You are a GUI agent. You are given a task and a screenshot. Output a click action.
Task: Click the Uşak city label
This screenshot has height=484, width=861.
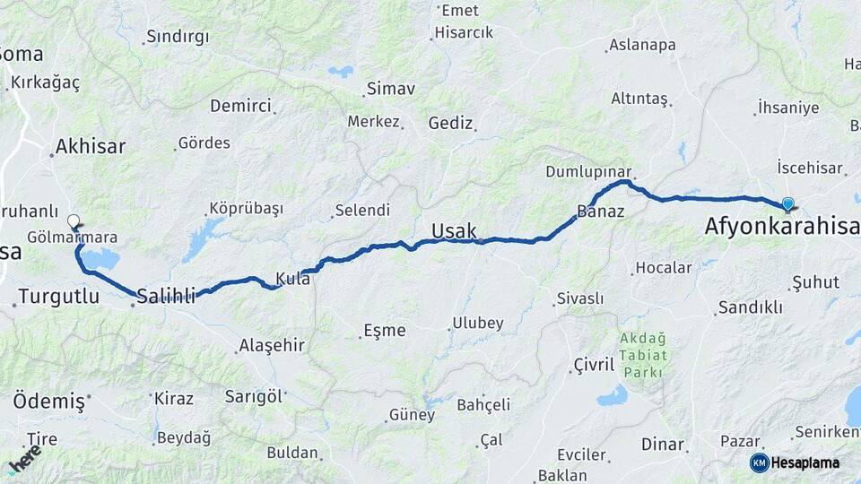click(454, 231)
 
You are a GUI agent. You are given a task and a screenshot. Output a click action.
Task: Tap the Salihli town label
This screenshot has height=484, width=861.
click(166, 296)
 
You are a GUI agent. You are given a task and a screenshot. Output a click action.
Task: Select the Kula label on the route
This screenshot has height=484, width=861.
click(293, 279)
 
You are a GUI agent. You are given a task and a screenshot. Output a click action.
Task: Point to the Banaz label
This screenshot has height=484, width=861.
click(600, 212)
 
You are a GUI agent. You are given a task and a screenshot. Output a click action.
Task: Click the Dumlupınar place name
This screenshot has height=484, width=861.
click(589, 171)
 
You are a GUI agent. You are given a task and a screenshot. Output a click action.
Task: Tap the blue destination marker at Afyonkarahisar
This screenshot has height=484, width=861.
click(787, 204)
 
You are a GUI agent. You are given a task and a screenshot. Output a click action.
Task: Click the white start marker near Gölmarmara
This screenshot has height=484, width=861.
click(74, 220)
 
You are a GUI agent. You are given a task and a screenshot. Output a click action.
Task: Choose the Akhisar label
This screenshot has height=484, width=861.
click(90, 146)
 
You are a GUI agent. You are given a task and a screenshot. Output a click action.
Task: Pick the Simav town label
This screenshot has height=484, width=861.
click(391, 89)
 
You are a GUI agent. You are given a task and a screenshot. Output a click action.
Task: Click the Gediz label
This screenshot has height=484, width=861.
click(450, 123)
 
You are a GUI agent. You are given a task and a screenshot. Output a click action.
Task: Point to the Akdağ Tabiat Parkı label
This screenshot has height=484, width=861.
click(642, 354)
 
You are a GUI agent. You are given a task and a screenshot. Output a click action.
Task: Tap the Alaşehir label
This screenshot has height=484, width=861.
click(272, 345)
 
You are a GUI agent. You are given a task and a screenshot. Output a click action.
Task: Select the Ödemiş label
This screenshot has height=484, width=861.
click(48, 401)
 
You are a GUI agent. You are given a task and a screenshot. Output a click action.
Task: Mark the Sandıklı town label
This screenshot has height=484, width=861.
click(750, 307)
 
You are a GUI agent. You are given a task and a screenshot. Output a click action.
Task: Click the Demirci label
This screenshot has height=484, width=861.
click(240, 106)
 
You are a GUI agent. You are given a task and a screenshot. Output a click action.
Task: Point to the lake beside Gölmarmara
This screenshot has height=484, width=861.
click(100, 260)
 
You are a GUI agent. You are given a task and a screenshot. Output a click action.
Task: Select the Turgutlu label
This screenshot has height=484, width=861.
click(58, 297)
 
